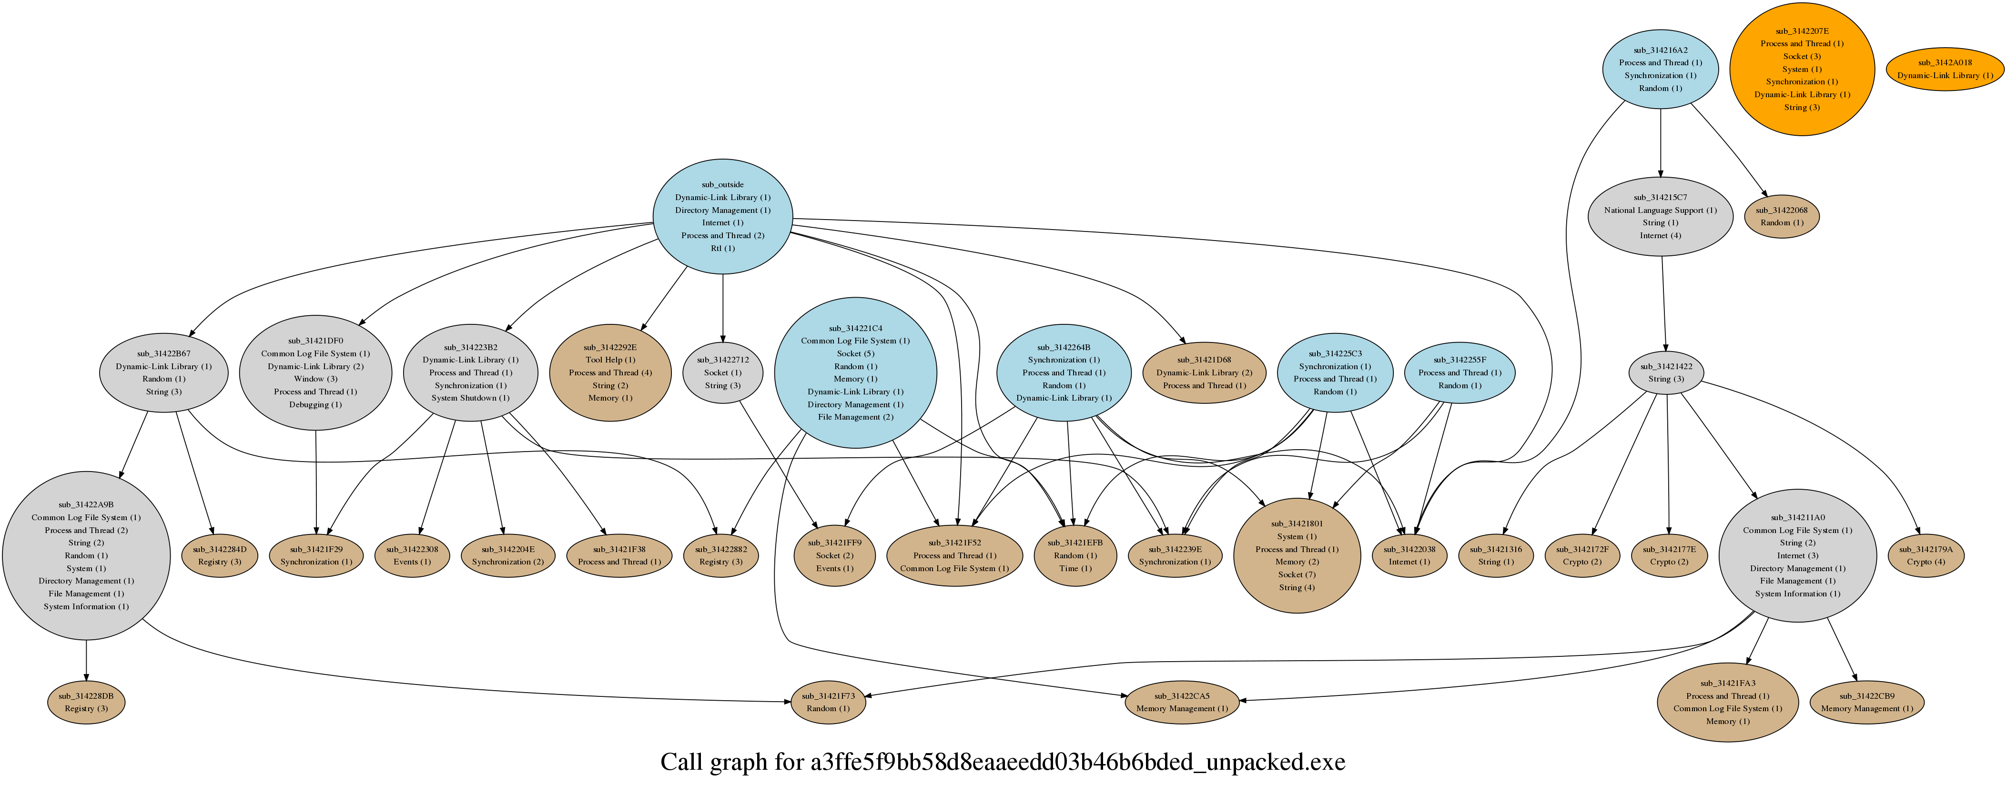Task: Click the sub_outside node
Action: pyautogui.click(x=722, y=217)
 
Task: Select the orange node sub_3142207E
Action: pyautogui.click(x=1801, y=70)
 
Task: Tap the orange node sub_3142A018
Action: pyautogui.click(x=1944, y=70)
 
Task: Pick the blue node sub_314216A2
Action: pyautogui.click(x=1660, y=70)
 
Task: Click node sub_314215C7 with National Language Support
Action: pyautogui.click(x=1660, y=217)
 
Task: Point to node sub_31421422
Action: pyautogui.click(x=1666, y=373)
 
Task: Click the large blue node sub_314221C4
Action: pyautogui.click(x=855, y=373)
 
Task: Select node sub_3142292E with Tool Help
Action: pyautogui.click(x=610, y=373)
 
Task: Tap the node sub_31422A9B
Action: pyautogui.click(x=86, y=555)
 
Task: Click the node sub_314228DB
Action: pyautogui.click(x=86, y=703)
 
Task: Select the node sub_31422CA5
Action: pyautogui.click(x=1181, y=703)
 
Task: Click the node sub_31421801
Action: pyautogui.click(x=1297, y=555)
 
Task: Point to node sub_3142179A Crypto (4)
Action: pyautogui.click(x=1925, y=555)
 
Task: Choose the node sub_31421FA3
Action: pyautogui.click(x=1727, y=703)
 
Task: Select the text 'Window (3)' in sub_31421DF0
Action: pyautogui.click(x=315, y=379)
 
